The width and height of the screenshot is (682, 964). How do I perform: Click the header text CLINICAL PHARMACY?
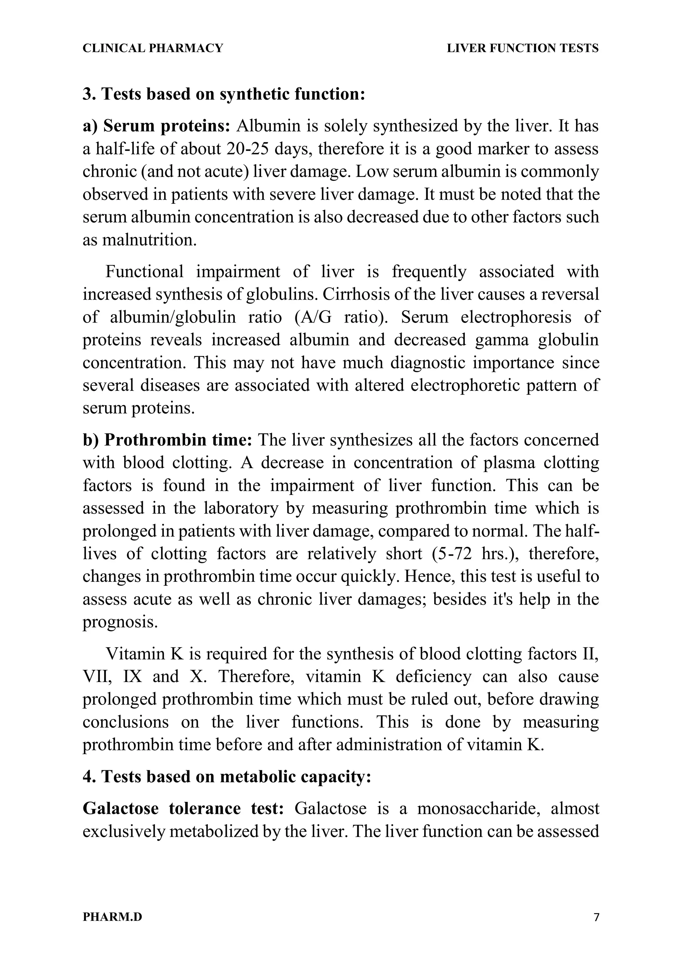(153, 48)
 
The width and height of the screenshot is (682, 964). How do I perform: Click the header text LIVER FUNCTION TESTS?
(522, 48)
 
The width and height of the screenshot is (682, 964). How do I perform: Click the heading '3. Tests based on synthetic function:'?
(224, 94)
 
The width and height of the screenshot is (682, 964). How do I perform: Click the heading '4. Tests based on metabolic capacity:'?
(227, 777)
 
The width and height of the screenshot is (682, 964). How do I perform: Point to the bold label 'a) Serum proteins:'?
(156, 126)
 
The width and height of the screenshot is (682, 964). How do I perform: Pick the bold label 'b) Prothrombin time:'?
(167, 440)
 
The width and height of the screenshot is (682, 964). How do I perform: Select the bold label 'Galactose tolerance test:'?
(183, 809)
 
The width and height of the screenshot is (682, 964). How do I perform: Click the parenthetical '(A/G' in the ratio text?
(310, 317)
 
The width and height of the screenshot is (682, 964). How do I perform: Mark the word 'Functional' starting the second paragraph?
(144, 272)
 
